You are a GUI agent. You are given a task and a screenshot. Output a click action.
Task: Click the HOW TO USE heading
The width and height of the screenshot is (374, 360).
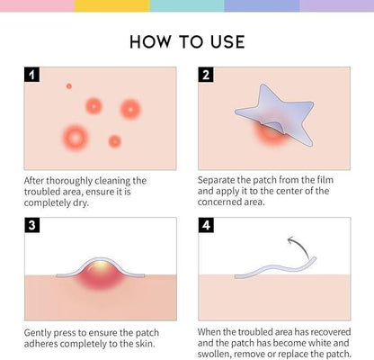coord(187,41)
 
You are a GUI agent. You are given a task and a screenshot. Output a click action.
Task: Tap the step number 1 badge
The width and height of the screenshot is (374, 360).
coord(31,75)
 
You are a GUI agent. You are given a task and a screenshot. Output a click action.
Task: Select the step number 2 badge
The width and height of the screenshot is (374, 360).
coord(206,75)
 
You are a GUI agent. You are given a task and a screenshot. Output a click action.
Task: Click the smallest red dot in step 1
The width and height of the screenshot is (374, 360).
coord(68,86)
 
